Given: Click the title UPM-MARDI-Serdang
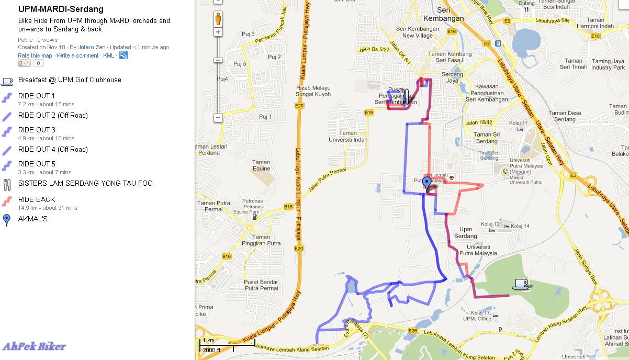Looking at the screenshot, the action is pyautogui.click(x=61, y=9).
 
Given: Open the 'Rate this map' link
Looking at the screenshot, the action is pyautogui.click(x=35, y=55).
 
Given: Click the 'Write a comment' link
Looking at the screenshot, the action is pyautogui.click(x=77, y=55).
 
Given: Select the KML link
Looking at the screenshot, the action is pyautogui.click(x=108, y=55).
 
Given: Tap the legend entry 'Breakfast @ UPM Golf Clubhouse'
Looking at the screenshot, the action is pyautogui.click(x=70, y=80).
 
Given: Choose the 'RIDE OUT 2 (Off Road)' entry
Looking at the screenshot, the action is pyautogui.click(x=53, y=116).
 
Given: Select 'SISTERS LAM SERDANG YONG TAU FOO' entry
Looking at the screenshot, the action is pyautogui.click(x=85, y=184).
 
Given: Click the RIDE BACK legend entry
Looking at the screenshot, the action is pyautogui.click(x=37, y=199).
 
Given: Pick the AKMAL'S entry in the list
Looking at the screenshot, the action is pyautogui.click(x=32, y=219).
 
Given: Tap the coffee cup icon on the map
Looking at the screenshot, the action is pyautogui.click(x=520, y=284).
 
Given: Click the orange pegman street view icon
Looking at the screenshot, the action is pyautogui.click(x=218, y=19).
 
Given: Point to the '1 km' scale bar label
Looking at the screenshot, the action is pyautogui.click(x=208, y=341).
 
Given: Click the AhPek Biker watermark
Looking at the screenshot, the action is pyautogui.click(x=35, y=346).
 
